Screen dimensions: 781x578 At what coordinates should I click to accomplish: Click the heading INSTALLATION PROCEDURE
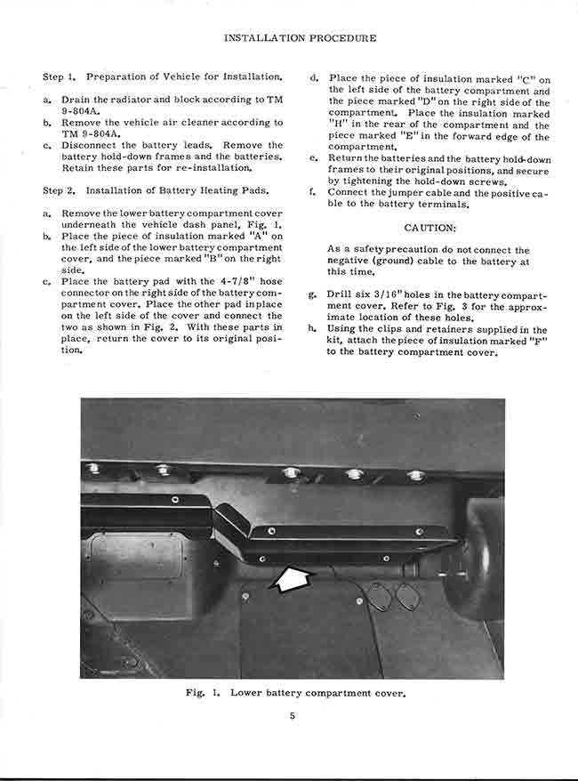299,38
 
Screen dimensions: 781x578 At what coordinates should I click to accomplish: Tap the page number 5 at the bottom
291,720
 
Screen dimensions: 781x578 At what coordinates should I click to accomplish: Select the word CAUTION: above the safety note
430,228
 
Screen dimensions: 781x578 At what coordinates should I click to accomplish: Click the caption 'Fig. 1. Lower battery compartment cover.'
296,692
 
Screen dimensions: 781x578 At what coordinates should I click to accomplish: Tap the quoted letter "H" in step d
338,125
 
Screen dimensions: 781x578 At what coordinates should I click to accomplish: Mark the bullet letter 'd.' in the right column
313,79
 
